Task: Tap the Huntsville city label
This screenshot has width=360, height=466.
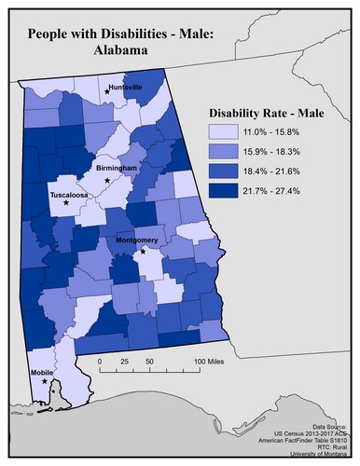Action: [125, 87]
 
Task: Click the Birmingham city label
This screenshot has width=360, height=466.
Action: [116, 168]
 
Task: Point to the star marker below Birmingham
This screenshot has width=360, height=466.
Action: [108, 179]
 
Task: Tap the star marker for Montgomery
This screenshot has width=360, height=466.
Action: [144, 251]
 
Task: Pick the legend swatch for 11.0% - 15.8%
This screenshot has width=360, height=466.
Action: [223, 133]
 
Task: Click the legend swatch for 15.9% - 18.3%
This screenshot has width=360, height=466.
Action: [223, 152]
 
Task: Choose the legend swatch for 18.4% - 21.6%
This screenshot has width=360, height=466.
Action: [223, 171]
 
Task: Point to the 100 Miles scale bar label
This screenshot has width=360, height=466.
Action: [210, 362]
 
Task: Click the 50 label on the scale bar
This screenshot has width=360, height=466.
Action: [149, 362]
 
